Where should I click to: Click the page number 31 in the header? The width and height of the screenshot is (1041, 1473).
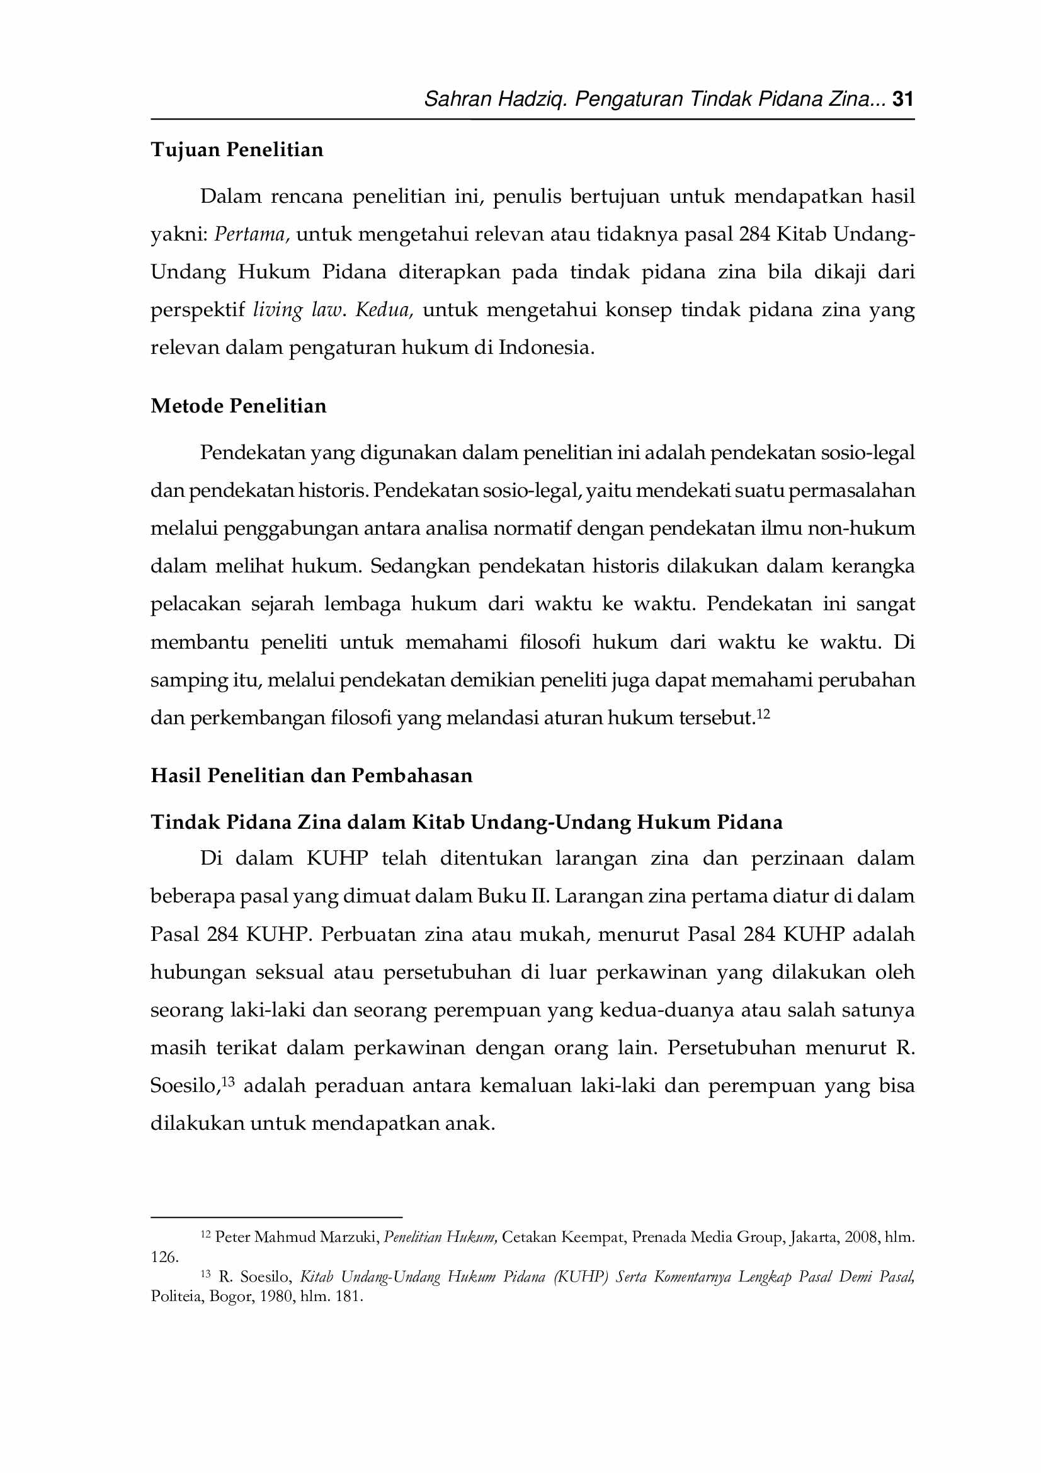click(903, 99)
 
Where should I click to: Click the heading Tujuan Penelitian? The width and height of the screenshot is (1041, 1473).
click(237, 150)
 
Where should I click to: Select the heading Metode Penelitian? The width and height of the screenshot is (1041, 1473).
click(239, 406)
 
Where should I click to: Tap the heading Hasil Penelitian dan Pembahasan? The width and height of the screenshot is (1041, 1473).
click(311, 776)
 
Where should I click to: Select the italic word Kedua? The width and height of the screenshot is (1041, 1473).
click(384, 310)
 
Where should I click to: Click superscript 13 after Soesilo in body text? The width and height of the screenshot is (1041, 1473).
click(229, 1082)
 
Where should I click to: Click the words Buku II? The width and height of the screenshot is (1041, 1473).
click(513, 896)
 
